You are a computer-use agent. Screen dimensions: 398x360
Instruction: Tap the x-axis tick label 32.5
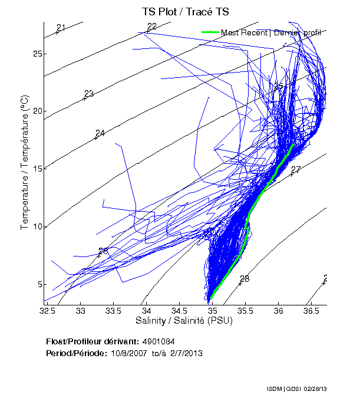(48, 310)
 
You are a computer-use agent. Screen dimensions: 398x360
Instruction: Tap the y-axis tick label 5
(39, 284)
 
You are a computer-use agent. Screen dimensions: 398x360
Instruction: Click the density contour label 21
(61, 28)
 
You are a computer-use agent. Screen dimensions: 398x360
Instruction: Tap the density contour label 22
(152, 27)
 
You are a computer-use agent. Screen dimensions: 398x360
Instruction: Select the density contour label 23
(89, 94)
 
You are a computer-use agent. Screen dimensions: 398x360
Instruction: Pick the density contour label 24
(100, 133)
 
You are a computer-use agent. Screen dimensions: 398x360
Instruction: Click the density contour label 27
(296, 170)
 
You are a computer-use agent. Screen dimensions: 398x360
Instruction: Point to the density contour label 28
(245, 279)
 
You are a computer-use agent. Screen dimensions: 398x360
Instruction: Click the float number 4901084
(158, 341)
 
